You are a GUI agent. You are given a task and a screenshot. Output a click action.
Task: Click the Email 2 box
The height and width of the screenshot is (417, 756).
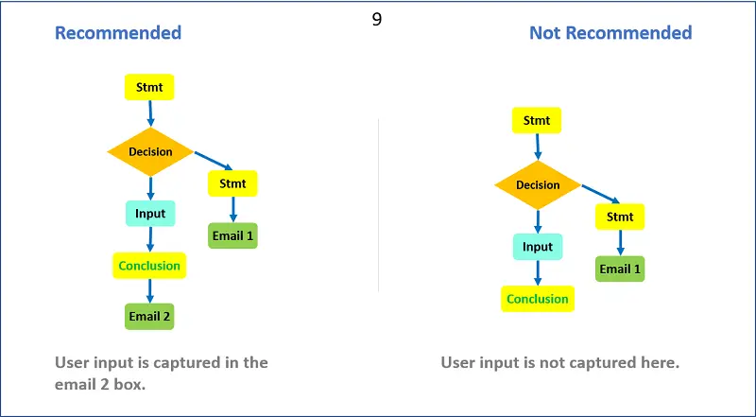pos(149,317)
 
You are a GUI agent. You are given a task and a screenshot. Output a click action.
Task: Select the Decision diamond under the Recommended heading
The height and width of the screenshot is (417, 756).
pos(150,152)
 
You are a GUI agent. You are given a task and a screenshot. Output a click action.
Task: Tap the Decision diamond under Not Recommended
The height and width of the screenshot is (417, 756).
pos(538,185)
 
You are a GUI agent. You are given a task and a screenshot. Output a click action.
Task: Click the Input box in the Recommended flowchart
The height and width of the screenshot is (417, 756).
pos(150,214)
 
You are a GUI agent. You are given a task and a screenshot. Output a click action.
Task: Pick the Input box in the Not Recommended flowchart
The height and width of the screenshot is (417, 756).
pos(538,247)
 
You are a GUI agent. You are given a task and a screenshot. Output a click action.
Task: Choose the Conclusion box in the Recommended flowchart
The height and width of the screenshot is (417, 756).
pos(149,266)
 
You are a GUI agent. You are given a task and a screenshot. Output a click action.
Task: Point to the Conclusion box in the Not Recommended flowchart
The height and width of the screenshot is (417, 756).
pos(538,299)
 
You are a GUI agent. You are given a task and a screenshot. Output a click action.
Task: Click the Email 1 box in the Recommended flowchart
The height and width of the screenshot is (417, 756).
pos(232,236)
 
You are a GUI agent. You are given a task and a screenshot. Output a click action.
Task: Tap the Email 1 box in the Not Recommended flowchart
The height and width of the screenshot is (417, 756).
pos(620,269)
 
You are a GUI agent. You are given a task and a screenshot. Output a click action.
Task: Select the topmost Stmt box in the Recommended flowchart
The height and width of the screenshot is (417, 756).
pos(149,87)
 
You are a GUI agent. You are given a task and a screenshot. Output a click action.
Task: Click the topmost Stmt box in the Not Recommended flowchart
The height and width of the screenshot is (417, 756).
pos(537,120)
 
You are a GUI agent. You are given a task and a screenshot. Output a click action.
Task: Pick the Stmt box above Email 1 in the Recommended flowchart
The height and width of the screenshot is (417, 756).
pos(232,183)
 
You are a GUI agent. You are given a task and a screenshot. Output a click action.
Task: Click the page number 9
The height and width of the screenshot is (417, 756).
pos(377,19)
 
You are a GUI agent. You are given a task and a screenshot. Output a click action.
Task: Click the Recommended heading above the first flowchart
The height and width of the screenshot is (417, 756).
pos(118,33)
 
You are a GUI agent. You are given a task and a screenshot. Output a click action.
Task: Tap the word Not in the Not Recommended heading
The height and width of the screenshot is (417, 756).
pos(546,33)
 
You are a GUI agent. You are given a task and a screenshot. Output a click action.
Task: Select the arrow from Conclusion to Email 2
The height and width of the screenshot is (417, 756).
pos(149,291)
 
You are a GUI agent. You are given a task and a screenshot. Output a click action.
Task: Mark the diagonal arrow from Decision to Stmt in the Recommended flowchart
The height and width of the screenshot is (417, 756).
pos(214,161)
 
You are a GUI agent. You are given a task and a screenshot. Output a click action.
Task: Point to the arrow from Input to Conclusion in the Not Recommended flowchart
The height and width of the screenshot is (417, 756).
pos(538,272)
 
